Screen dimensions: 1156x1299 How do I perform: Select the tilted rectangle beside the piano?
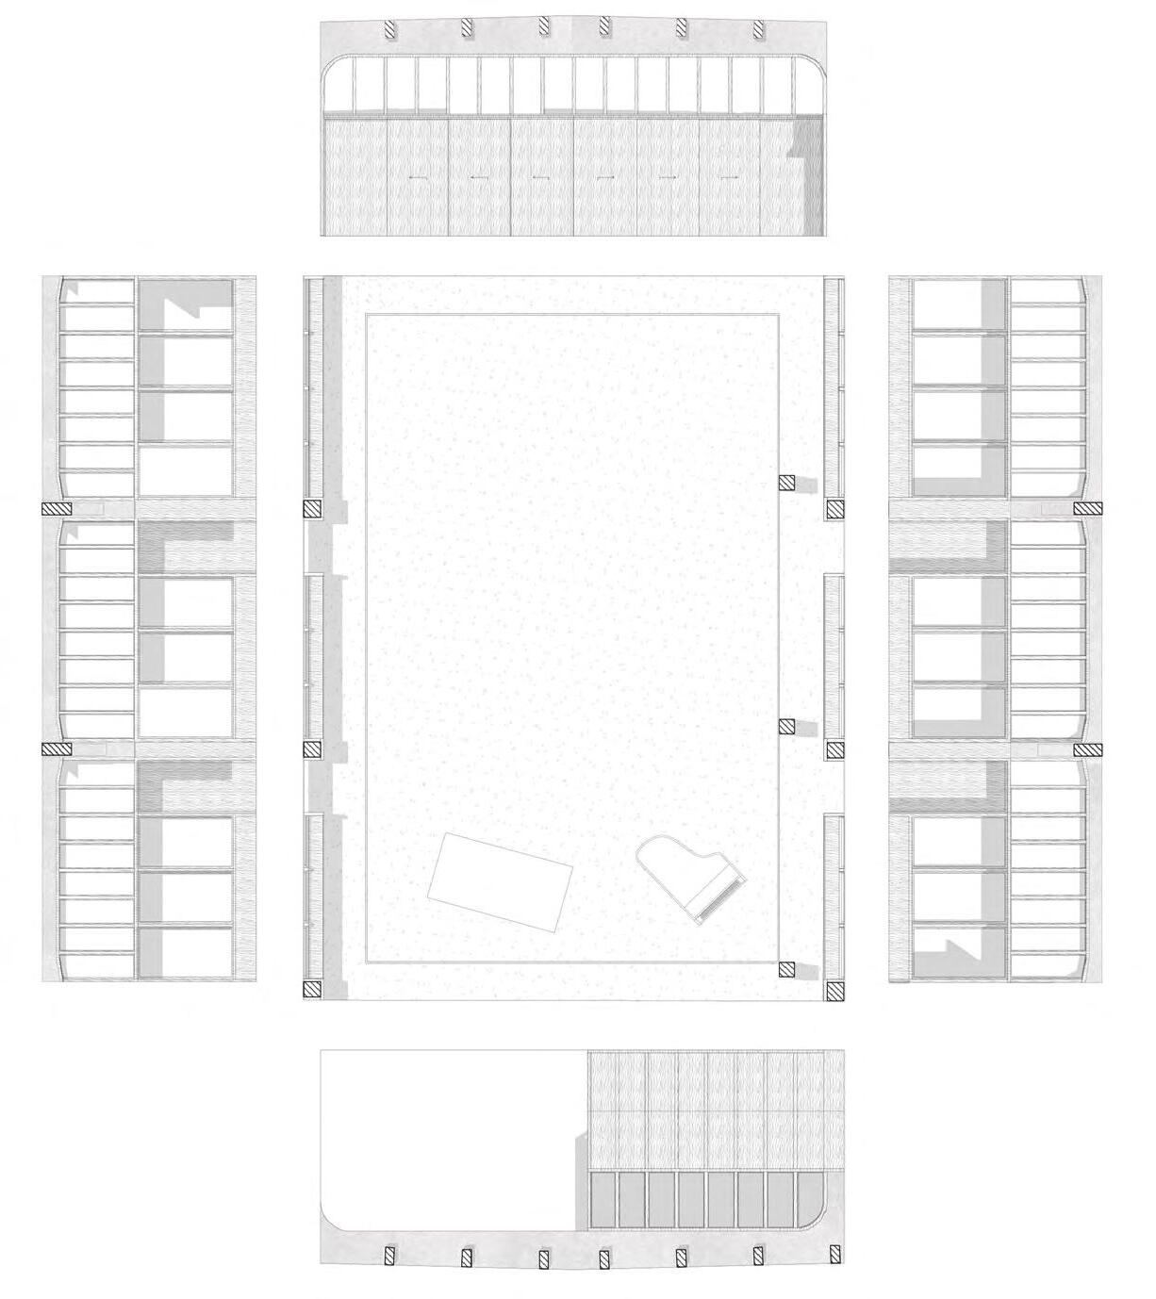501,880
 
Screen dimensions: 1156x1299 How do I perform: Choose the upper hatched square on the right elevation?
1088,509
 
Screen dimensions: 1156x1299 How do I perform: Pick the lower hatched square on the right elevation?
1088,750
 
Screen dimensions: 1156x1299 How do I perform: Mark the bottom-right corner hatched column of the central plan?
834,991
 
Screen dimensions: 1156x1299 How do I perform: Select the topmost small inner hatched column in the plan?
787,484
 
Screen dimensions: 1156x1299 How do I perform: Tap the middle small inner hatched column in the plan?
787,726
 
